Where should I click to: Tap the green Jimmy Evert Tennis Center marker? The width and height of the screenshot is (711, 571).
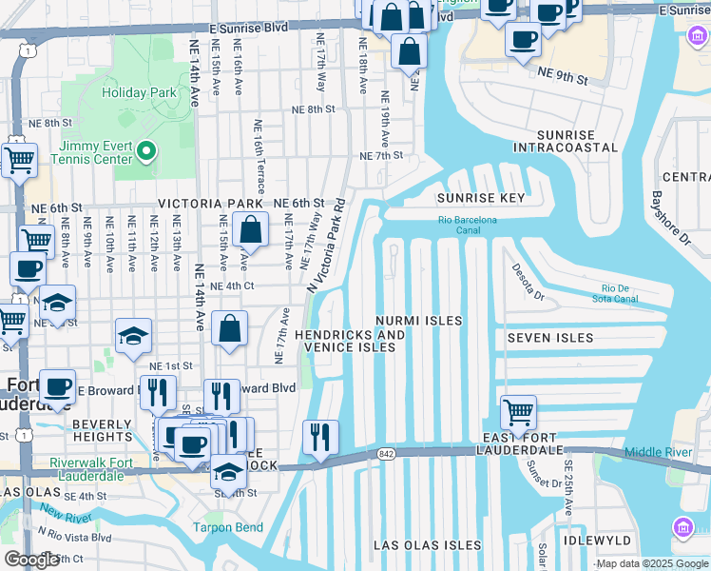click(145, 150)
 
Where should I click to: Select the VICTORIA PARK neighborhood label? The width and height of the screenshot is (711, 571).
click(210, 204)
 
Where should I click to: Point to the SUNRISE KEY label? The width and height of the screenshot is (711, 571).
click(480, 198)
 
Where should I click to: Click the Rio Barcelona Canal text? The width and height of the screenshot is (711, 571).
click(468, 226)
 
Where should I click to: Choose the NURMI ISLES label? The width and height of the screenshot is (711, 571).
click(418, 321)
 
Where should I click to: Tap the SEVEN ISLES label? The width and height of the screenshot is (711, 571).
click(549, 338)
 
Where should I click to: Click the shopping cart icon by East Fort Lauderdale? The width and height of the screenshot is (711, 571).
click(518, 413)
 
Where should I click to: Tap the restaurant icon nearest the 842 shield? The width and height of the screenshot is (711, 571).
click(320, 437)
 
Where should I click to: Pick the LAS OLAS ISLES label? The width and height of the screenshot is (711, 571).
click(428, 545)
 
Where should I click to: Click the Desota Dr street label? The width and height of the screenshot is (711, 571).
click(525, 283)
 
